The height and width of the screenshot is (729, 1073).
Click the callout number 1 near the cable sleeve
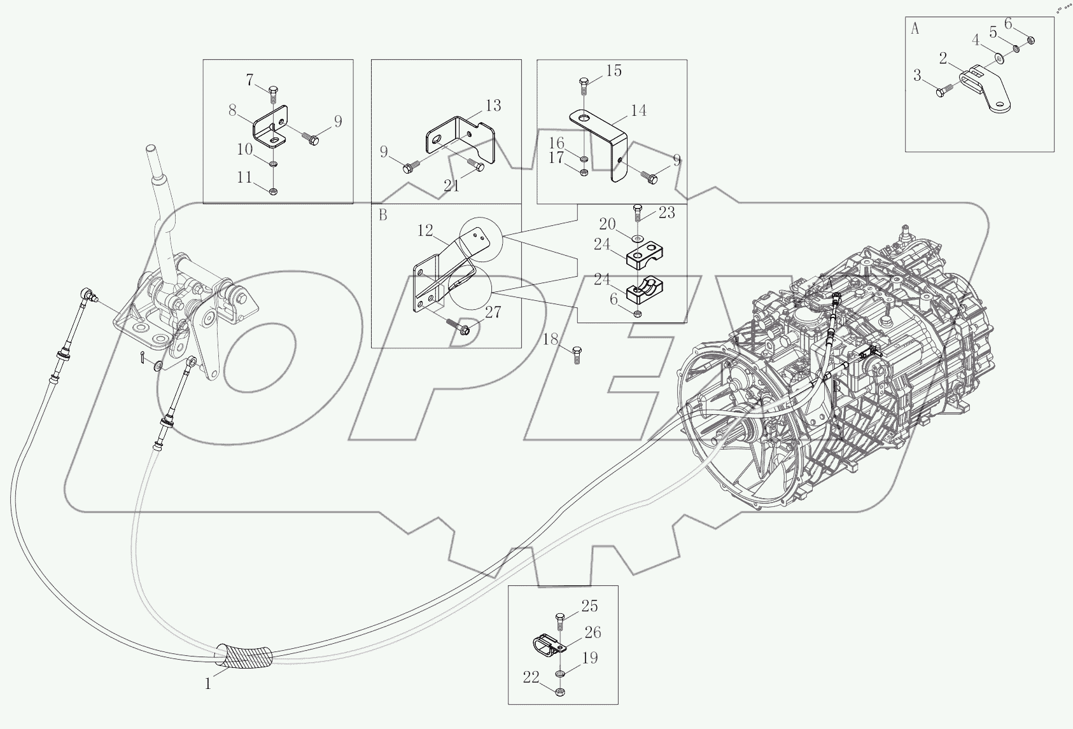click(x=207, y=684)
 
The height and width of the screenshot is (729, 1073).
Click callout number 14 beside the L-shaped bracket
click(x=638, y=111)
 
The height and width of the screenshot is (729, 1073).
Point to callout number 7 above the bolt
click(x=250, y=80)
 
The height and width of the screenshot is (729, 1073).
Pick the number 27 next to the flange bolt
click(x=493, y=312)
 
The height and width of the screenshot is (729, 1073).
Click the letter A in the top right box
click(x=915, y=29)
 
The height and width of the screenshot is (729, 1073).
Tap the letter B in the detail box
click(x=382, y=215)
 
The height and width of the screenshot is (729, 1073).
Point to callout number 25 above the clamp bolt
click(x=589, y=606)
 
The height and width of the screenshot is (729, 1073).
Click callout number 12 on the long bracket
click(x=425, y=230)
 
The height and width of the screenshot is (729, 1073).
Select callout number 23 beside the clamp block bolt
click(x=666, y=212)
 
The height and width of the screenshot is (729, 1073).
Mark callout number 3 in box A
click(x=917, y=76)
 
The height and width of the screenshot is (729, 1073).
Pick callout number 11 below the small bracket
click(x=245, y=177)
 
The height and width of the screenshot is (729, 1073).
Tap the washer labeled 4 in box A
click(x=999, y=59)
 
